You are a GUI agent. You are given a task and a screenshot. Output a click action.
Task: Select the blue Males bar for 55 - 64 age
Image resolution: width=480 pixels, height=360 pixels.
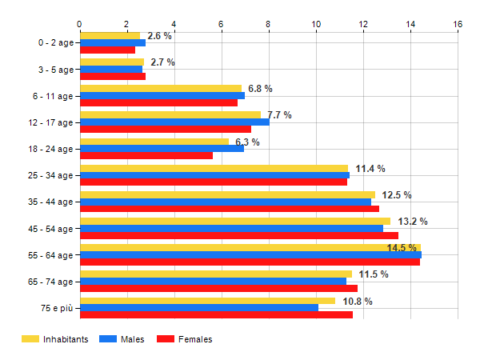250,255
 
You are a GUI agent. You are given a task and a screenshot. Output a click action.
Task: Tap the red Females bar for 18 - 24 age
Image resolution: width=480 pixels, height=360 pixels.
146,156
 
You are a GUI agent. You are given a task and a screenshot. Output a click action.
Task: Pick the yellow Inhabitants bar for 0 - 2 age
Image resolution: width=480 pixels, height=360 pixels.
110,35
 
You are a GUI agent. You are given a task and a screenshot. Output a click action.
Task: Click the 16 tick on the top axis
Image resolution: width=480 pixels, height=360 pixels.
458,24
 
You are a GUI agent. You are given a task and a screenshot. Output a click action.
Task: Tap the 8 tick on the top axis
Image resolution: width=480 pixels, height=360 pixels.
269,24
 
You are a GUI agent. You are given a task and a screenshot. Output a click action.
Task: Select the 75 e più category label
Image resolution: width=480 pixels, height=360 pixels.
55,308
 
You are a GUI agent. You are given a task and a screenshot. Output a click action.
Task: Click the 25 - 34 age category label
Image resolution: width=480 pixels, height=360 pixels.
50,176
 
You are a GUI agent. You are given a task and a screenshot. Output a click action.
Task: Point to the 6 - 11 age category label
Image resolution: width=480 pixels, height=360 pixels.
50,96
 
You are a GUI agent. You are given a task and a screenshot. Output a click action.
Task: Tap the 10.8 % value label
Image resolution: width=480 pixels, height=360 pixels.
358,301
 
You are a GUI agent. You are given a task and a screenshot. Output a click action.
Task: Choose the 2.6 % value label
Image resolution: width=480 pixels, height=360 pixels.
160,36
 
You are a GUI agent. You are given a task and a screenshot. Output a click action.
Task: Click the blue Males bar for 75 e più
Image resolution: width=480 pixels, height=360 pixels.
199,308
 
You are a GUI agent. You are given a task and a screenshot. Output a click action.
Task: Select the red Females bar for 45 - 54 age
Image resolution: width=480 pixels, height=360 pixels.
239,236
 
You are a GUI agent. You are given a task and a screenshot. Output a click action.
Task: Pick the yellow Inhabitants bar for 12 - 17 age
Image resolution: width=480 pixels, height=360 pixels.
170,115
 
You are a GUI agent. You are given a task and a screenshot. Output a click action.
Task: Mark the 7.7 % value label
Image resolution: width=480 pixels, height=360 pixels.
279,115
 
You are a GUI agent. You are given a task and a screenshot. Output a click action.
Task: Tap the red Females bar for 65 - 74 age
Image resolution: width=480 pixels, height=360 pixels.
218,289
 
